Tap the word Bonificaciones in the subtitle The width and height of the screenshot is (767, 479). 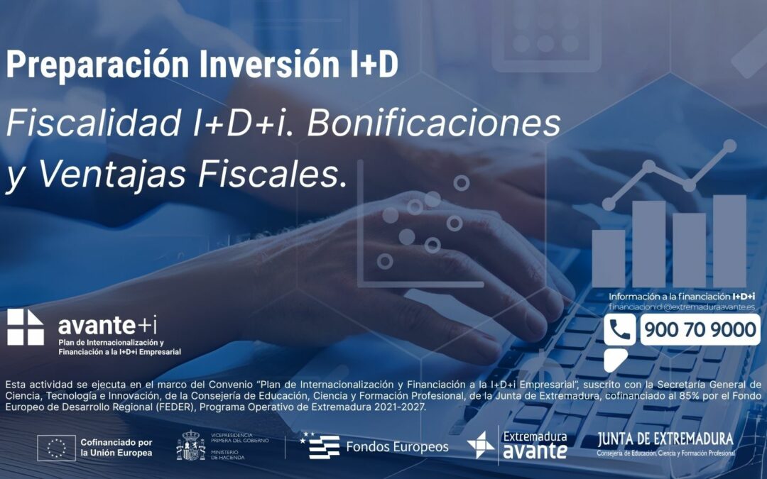(x=434, y=123)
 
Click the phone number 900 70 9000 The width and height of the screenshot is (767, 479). (x=700, y=330)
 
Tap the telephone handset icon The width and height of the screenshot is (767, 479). (x=620, y=330)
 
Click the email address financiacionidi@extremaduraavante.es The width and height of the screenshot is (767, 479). (x=681, y=307)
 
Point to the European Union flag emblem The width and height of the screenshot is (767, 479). (x=56, y=448)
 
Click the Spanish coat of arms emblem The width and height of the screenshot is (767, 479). (x=190, y=446)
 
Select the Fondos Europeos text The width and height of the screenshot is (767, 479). (x=397, y=447)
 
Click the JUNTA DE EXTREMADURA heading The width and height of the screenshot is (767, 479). (x=665, y=439)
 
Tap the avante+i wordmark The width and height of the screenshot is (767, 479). (x=107, y=326)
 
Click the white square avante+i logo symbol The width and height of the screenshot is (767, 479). (x=26, y=327)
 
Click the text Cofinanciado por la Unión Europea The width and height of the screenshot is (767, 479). (x=116, y=447)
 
